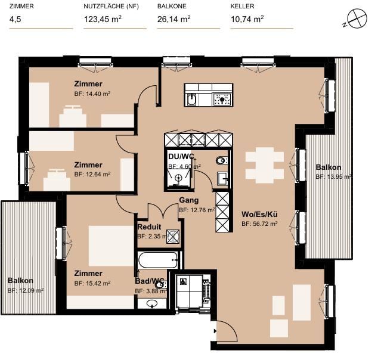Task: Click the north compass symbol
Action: tap(357, 18)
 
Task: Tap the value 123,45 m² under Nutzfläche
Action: tap(103, 19)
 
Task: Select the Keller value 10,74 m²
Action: tap(247, 19)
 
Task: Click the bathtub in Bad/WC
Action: tap(158, 260)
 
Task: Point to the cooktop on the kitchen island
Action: tap(222, 99)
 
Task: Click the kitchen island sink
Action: tap(192, 99)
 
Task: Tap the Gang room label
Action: tap(189, 200)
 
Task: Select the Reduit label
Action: tap(149, 227)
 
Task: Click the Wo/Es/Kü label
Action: tap(259, 214)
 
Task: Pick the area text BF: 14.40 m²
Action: tap(92, 94)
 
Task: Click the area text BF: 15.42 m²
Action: tap(92, 283)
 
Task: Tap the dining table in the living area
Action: tap(265, 165)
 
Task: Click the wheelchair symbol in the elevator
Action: tap(182, 281)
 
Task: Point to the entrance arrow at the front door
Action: tap(215, 331)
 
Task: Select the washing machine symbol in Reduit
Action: tap(173, 237)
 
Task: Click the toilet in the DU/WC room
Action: tap(221, 160)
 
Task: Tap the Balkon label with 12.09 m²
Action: tap(20, 281)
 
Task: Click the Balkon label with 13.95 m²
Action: tap(329, 167)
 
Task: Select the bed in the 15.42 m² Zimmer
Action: tap(111, 246)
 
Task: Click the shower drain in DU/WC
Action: tap(179, 178)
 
